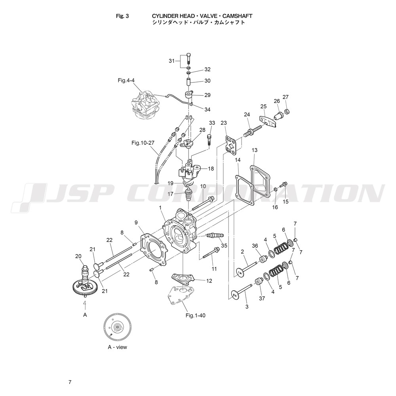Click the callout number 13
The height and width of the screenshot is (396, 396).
(254, 150)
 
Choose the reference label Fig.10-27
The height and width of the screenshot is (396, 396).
(143, 143)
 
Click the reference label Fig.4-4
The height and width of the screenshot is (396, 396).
(126, 80)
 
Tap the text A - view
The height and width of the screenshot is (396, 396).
(118, 347)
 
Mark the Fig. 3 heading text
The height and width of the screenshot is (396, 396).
(122, 16)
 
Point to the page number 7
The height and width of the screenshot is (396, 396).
(70, 382)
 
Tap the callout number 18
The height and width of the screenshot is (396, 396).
(211, 168)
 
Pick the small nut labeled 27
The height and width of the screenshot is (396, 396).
(287, 111)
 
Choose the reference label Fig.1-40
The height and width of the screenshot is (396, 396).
(195, 316)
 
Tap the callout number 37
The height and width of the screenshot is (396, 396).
(262, 299)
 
